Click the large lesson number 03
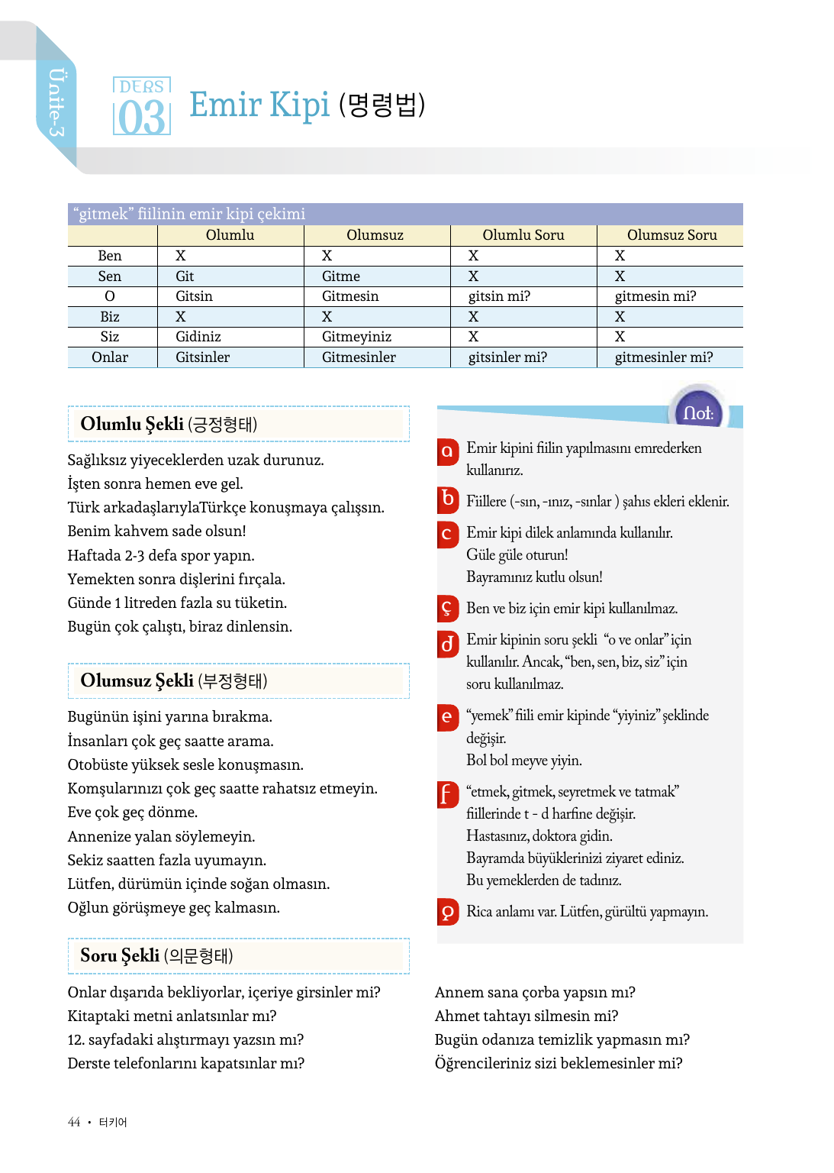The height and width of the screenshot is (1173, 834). (x=142, y=118)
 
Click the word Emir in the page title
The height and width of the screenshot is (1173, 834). (x=226, y=105)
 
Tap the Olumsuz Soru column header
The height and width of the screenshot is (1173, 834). (x=671, y=235)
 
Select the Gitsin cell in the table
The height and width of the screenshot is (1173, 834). (x=194, y=296)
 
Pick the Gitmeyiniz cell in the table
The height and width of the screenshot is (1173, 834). (x=356, y=337)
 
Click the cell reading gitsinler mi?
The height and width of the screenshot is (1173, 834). (x=507, y=357)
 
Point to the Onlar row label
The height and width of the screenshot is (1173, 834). (x=110, y=357)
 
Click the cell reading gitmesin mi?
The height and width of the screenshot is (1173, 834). (x=655, y=296)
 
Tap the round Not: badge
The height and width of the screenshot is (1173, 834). (x=697, y=413)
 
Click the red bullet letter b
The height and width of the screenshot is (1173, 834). (x=448, y=499)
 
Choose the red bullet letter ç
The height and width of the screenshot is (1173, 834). (x=447, y=608)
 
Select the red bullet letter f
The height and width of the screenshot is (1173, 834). (x=447, y=794)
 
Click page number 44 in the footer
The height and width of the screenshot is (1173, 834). (x=74, y=1122)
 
